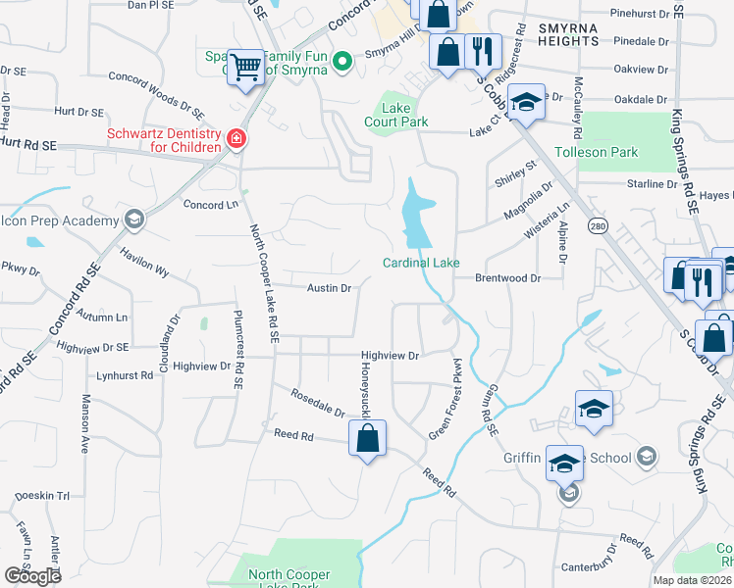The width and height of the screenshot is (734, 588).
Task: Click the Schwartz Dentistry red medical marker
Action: point(236,139)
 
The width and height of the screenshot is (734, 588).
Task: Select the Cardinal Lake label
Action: point(421,262)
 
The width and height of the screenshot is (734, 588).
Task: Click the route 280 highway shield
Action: point(597,226)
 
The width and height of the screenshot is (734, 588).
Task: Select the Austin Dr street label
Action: point(329,288)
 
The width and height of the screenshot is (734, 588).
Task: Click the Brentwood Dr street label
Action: point(508,278)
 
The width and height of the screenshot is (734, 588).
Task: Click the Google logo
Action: point(32,576)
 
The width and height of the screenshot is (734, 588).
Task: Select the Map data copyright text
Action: point(692,580)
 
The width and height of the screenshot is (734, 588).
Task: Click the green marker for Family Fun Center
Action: point(341,63)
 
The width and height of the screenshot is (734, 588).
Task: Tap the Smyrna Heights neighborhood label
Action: point(568,35)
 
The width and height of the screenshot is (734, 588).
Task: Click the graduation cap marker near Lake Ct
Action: point(526,104)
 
